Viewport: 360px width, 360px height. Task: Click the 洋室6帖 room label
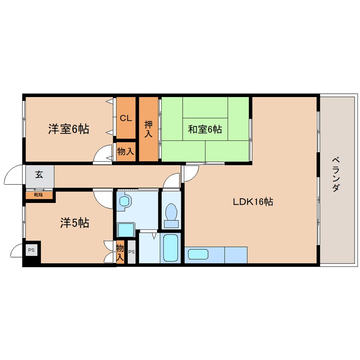(69, 129)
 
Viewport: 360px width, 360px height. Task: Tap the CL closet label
(126, 118)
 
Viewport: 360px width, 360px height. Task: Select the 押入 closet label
(149, 129)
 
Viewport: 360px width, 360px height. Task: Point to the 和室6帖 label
(205, 129)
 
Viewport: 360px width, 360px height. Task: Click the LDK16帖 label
(253, 202)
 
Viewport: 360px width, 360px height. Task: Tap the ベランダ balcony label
(336, 174)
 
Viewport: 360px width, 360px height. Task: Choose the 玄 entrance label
(39, 175)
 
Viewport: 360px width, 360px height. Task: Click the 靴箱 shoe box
(39, 195)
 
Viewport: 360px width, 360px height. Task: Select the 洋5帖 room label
(74, 223)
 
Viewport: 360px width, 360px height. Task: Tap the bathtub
(170, 248)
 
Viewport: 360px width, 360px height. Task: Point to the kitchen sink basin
(198, 254)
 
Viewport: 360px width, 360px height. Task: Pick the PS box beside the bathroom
(131, 252)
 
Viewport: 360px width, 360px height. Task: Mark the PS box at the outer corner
(31, 250)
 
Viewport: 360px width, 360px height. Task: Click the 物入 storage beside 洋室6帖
(126, 151)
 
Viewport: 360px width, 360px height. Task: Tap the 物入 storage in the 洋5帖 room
(120, 252)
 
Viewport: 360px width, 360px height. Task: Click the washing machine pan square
(126, 230)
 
